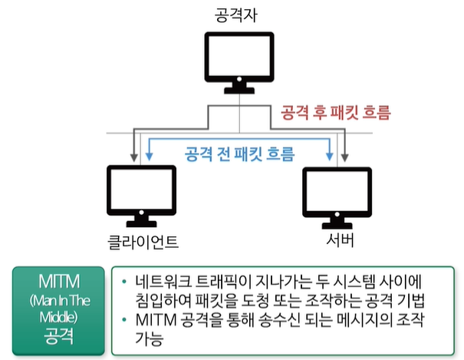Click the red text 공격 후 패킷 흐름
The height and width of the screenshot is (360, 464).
tap(337, 114)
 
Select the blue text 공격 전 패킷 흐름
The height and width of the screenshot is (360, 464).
tap(240, 154)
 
